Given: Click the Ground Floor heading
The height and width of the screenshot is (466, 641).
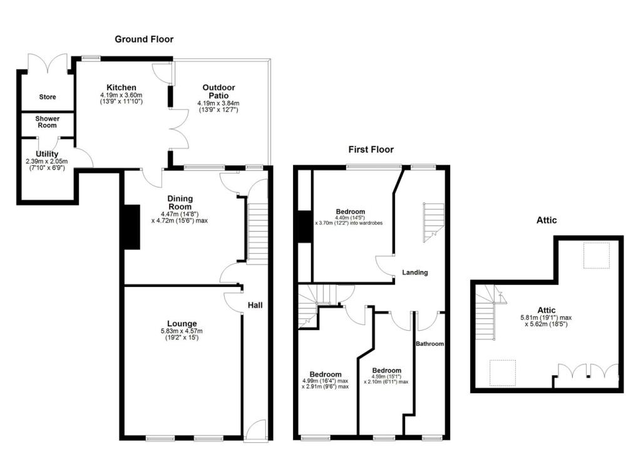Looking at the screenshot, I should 144,39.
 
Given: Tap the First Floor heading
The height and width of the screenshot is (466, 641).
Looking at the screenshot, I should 371,149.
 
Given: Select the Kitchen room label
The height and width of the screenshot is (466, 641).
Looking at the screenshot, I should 121,87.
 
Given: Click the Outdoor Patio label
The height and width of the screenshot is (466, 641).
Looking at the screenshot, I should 218,91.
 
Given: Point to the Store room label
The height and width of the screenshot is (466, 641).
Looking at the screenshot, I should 48,97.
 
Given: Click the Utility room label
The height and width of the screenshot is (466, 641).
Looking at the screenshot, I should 47,154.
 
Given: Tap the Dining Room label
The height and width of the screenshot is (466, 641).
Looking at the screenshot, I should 180,202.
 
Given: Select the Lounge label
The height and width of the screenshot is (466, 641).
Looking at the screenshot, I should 182,323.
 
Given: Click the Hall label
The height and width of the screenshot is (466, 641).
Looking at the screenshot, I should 255,305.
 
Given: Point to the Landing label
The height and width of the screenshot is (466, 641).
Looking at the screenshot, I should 415,272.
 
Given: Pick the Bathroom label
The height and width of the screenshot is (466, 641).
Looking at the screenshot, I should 430,344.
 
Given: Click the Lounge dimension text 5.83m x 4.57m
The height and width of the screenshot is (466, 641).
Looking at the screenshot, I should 182,331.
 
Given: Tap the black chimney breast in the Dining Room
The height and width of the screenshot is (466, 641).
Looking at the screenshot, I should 131,227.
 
